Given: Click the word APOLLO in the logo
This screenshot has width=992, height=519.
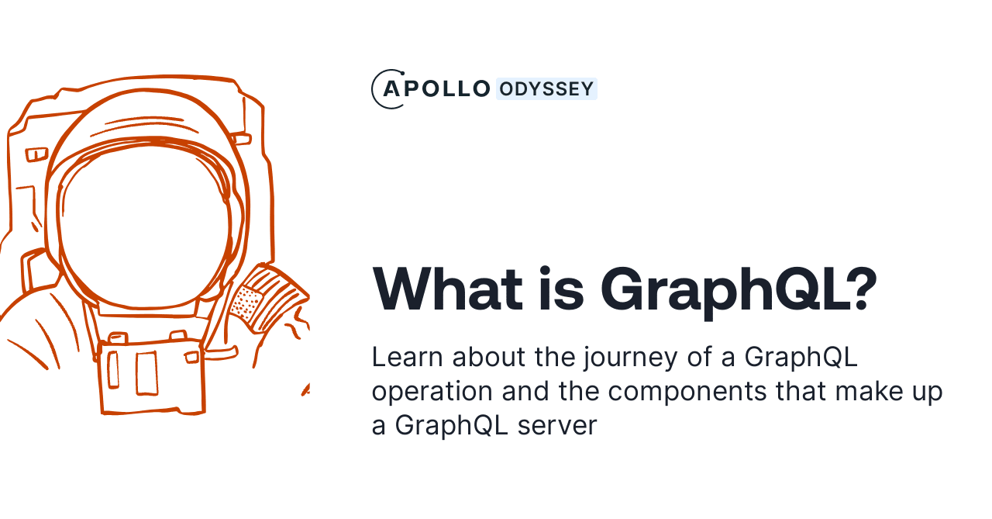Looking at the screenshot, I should [437, 88].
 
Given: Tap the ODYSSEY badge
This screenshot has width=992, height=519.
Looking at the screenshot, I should [546, 89].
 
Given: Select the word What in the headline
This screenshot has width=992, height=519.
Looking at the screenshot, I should [448, 289].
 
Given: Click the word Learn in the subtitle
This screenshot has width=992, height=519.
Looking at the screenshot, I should [406, 357].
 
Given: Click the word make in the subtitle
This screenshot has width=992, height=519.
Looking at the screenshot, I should [865, 391].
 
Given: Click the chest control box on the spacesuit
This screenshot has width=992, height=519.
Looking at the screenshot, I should [151, 376].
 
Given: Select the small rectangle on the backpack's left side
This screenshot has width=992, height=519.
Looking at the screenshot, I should [36, 154].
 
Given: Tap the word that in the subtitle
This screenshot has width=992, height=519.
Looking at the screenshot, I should [802, 391].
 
